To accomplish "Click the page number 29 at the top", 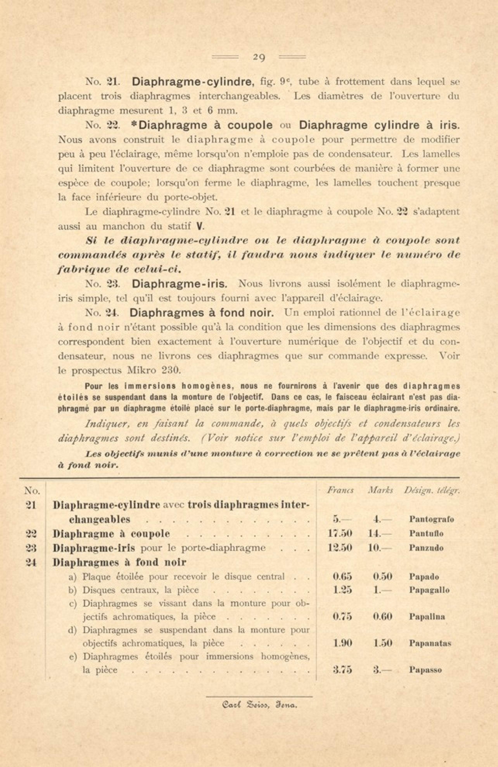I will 259,58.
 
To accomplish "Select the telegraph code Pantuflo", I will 426,534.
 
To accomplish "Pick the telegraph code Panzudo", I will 426,548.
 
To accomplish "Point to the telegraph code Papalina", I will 427,617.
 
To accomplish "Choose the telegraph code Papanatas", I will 430,643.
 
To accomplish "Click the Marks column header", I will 380,491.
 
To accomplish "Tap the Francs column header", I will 340,491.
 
